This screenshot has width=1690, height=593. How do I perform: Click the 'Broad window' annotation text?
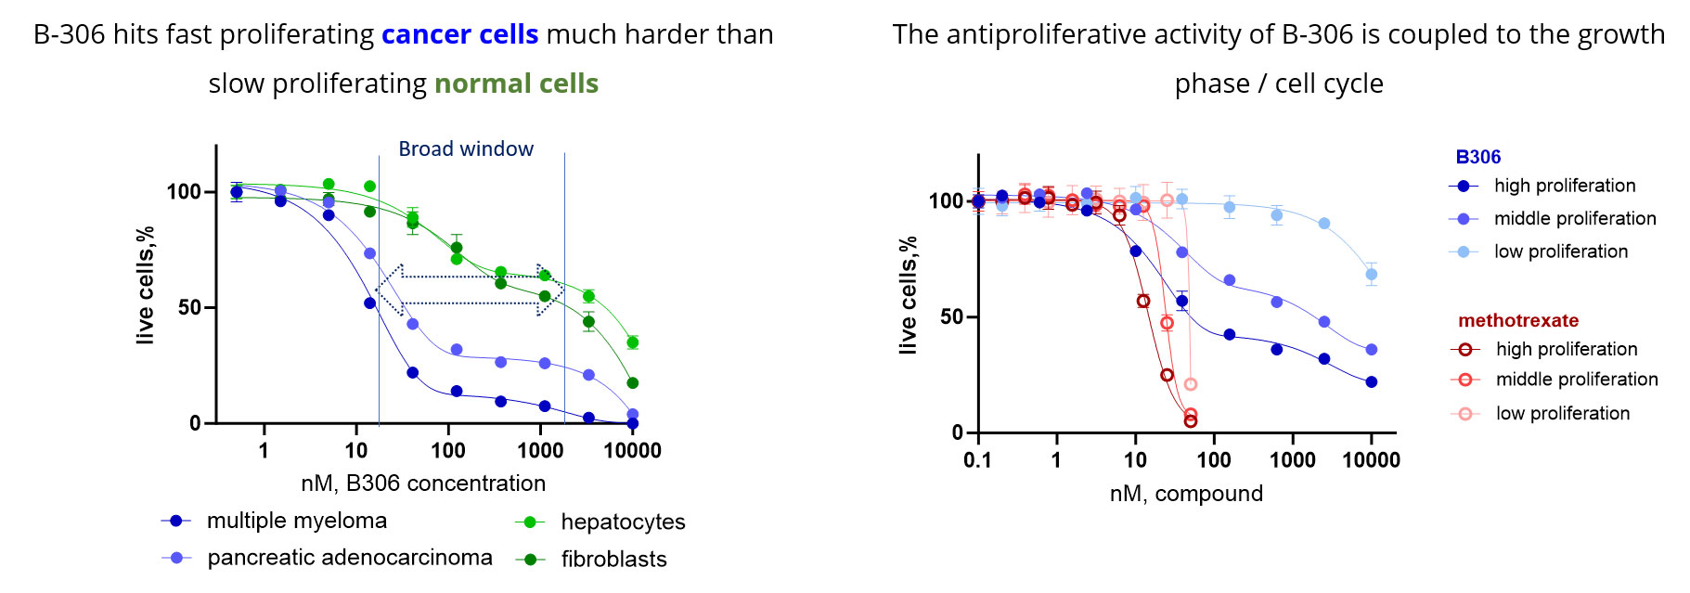(466, 148)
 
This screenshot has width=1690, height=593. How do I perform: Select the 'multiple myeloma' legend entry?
(275, 521)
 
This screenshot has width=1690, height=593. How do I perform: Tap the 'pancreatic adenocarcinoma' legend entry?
(328, 557)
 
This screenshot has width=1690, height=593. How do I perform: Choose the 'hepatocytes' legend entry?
(600, 522)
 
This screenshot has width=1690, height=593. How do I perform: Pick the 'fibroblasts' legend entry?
(591, 559)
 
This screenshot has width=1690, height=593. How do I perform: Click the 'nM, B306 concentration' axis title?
(423, 483)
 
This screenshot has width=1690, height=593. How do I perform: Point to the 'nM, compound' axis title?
(1186, 494)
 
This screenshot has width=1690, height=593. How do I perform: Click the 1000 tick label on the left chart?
(540, 451)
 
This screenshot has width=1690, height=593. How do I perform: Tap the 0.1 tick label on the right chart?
(978, 460)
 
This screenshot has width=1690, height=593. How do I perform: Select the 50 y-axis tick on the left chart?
(190, 307)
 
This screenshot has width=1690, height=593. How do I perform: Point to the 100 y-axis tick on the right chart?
(946, 200)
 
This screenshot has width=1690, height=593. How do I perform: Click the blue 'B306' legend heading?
(1478, 157)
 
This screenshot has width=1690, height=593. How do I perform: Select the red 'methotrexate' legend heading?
(1518, 320)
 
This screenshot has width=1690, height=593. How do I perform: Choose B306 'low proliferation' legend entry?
(1539, 251)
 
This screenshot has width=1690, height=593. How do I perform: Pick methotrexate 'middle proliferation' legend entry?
(1555, 379)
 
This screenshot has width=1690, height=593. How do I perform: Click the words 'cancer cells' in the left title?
(459, 34)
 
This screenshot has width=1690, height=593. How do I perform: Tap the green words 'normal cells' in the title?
(516, 84)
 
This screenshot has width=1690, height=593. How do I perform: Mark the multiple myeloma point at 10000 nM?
(633, 423)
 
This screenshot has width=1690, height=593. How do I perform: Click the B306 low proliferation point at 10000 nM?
(1372, 275)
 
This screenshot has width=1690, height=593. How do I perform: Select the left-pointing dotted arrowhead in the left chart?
(388, 290)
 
